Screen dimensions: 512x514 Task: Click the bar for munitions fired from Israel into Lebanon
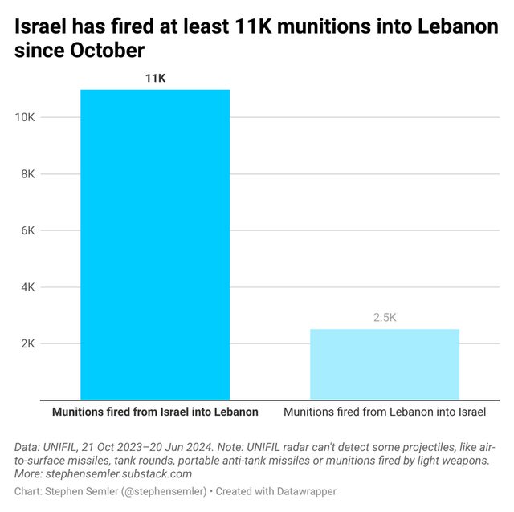[155, 245]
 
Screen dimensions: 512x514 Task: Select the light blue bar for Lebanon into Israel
[385, 364]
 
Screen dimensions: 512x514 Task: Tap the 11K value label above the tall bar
[155, 78]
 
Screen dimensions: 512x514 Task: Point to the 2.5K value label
[385, 318]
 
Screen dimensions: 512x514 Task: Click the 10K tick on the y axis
[25, 118]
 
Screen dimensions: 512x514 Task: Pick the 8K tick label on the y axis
[28, 174]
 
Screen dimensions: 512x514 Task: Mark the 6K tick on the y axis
[28, 230]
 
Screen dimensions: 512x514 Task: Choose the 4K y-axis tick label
[28, 287]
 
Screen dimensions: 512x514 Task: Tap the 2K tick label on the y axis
[28, 343]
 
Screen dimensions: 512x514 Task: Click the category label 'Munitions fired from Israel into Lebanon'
[155, 412]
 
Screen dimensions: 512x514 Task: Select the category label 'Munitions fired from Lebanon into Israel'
[385, 412]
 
